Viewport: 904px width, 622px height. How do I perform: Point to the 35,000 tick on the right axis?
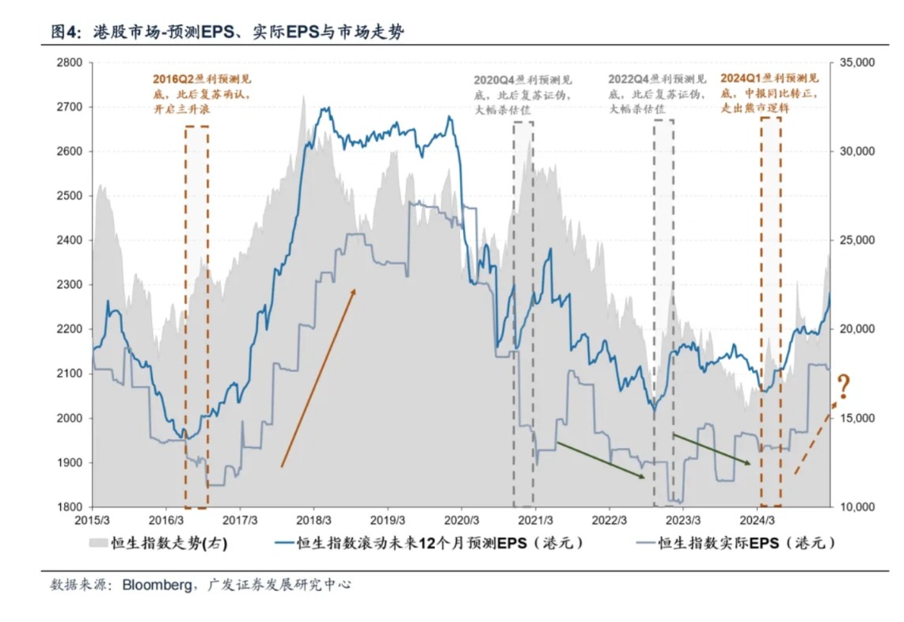[x=855, y=63]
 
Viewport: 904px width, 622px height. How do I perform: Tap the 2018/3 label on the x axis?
[x=314, y=520]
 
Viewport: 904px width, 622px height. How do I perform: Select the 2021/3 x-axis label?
[x=536, y=520]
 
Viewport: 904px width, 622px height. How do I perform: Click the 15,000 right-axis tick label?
[x=855, y=419]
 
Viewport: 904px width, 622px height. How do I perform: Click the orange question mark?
[x=843, y=387]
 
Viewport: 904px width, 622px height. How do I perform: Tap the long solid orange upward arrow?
[x=318, y=377]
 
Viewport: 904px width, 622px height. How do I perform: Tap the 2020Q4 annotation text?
[x=523, y=94]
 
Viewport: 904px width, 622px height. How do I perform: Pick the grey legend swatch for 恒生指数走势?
[x=97, y=544]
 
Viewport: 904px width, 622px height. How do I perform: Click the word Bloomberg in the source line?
[x=156, y=586]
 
